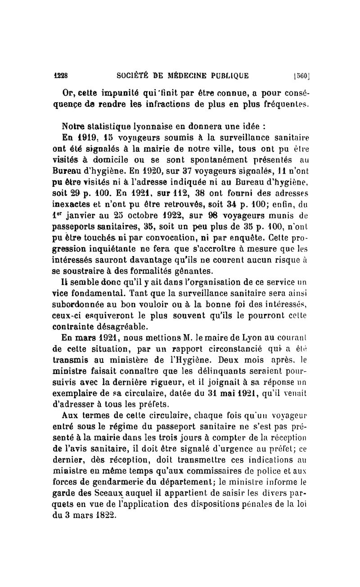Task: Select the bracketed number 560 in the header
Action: [x=298, y=75]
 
